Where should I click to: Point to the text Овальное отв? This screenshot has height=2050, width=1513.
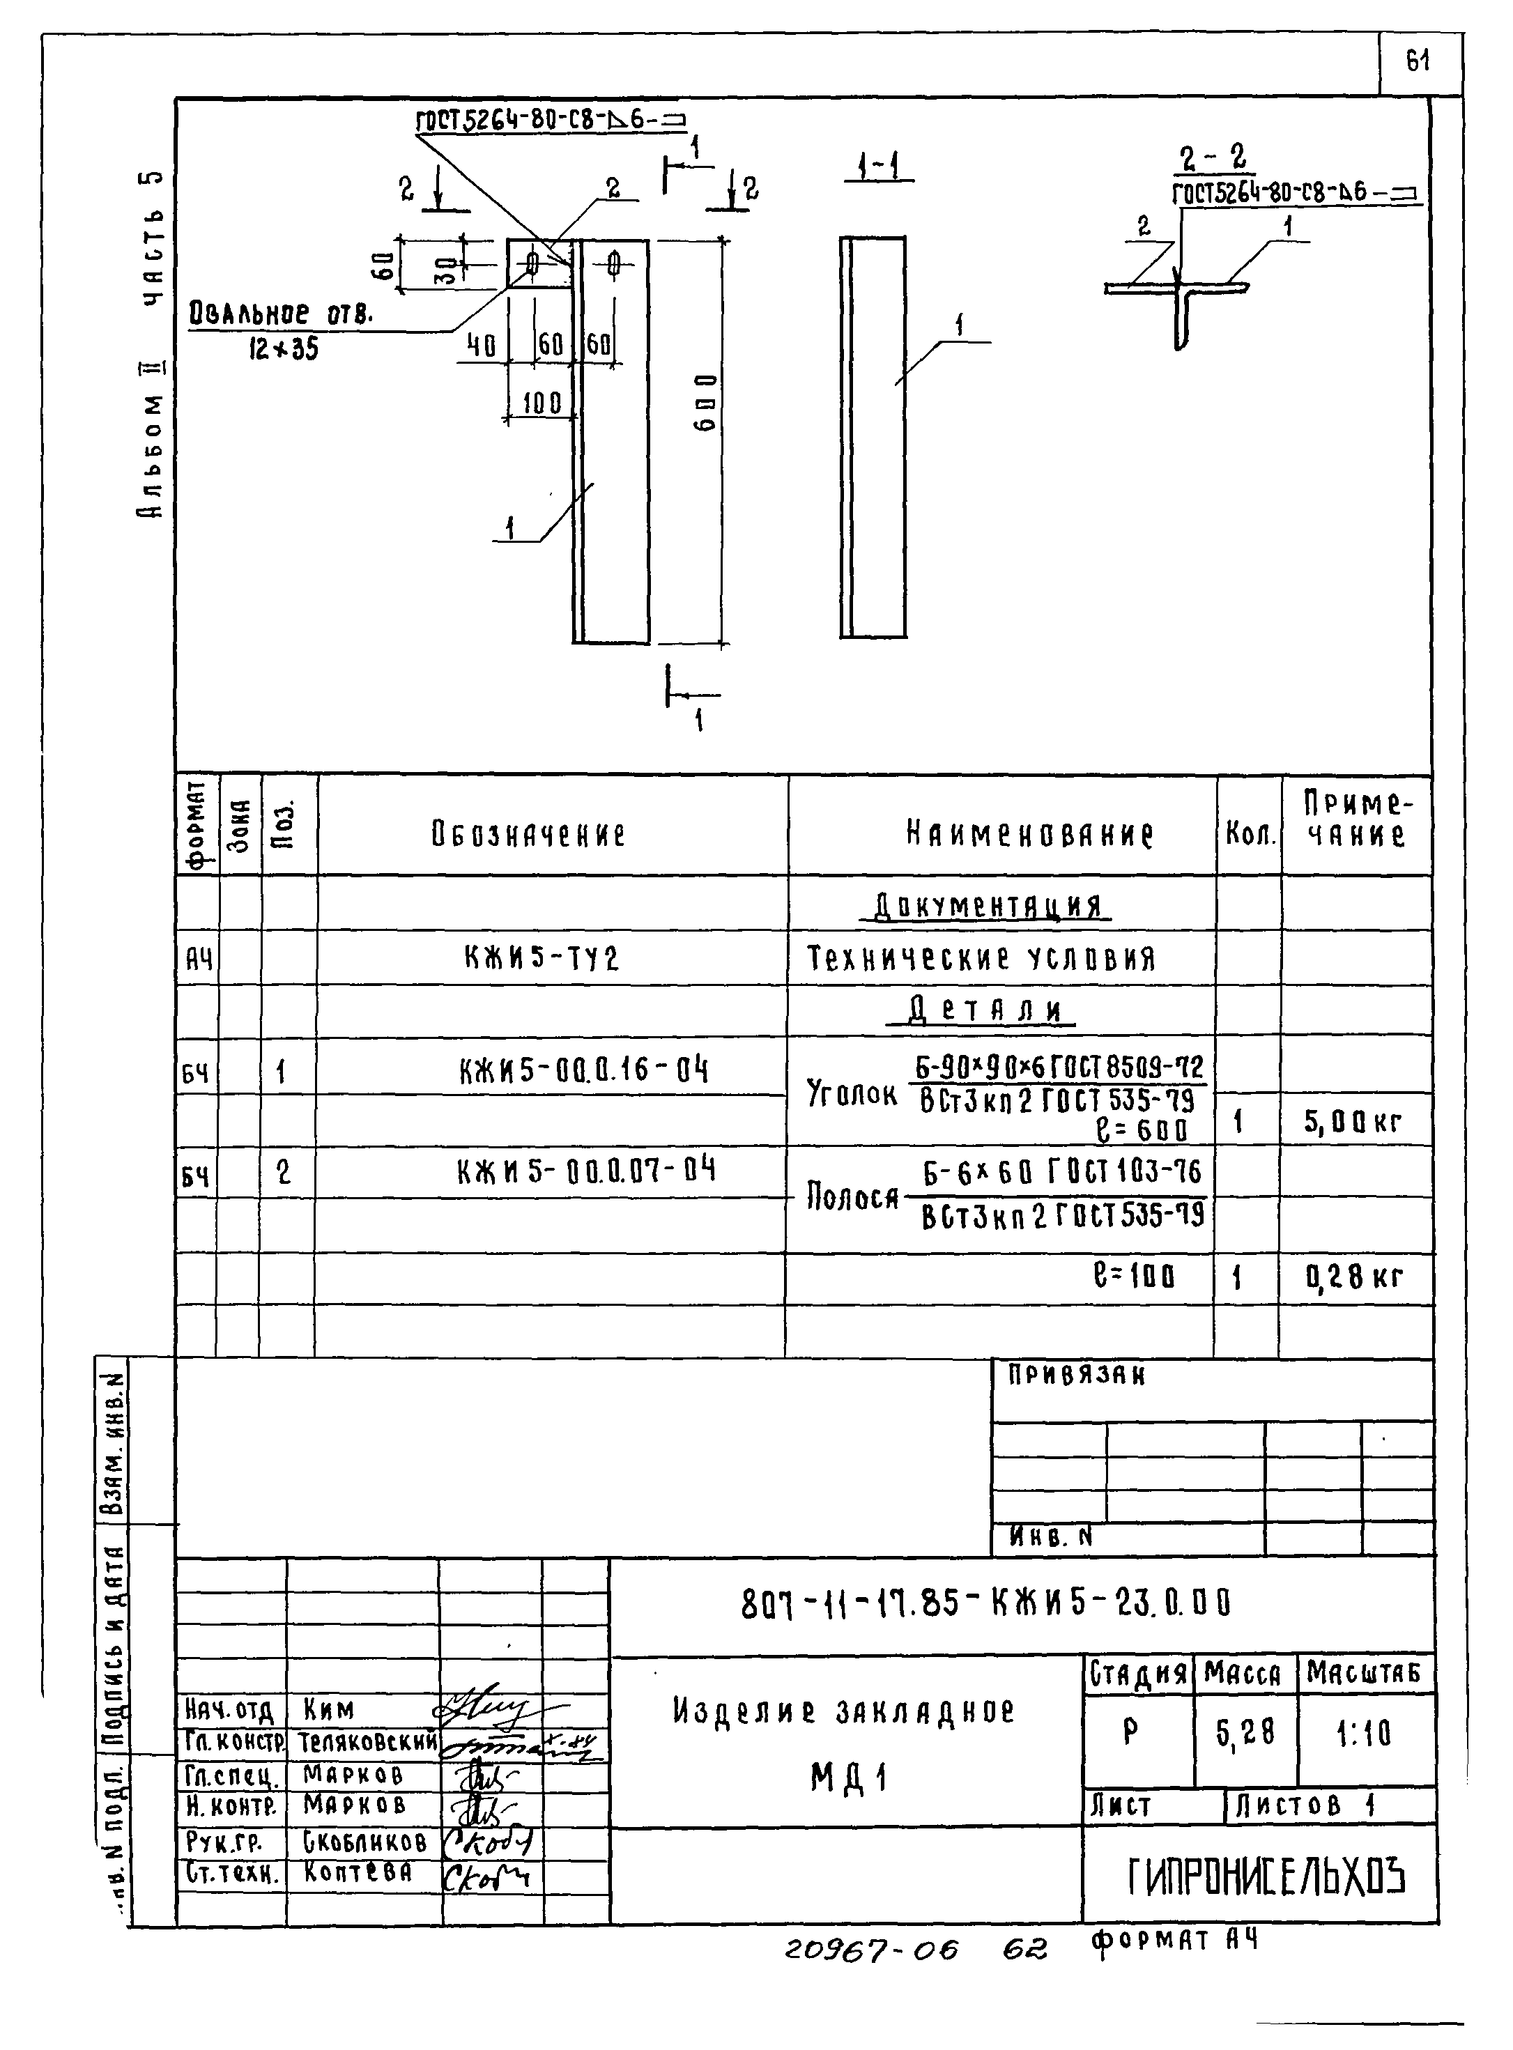point(281,315)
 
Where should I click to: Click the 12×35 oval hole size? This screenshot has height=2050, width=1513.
point(284,349)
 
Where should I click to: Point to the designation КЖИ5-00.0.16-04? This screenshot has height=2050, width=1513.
point(583,1070)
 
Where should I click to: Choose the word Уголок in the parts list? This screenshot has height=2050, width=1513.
point(851,1093)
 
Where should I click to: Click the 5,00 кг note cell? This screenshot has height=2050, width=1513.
point(1353,1123)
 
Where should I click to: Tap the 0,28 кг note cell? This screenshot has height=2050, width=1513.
point(1353,1277)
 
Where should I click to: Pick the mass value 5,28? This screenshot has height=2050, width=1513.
point(1245,1732)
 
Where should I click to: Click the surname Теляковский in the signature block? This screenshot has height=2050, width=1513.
point(368,1741)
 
